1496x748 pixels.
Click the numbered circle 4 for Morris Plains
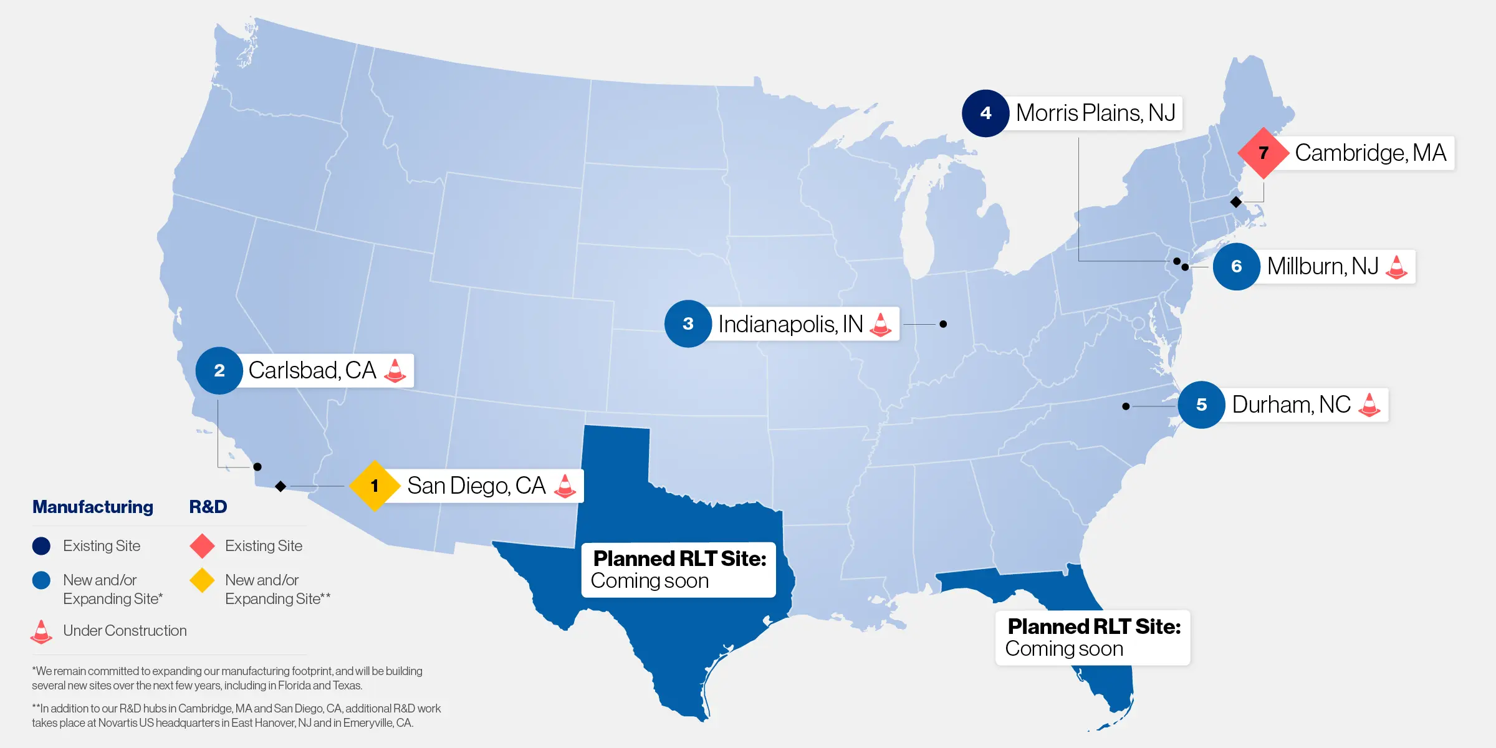click(985, 113)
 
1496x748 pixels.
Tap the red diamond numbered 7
click(1263, 153)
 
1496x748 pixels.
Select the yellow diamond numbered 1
click(374, 486)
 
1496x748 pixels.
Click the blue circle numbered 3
click(688, 324)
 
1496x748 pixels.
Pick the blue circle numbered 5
click(1201, 405)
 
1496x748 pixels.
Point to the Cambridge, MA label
click(1370, 153)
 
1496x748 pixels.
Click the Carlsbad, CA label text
click(312, 370)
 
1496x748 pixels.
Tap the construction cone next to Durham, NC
click(1369, 405)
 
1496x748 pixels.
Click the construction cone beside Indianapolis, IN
click(880, 324)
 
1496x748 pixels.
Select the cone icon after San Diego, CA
click(565, 486)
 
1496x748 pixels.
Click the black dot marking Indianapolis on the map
click(943, 324)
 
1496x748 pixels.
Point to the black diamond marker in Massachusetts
click(1236, 202)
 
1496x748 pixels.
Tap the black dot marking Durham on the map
click(1126, 406)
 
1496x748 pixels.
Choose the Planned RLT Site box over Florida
click(1093, 638)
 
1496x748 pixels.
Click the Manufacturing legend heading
click(93, 507)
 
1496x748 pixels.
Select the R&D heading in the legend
click(208, 507)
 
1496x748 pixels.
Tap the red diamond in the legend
click(203, 546)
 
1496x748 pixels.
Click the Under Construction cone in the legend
click(41, 631)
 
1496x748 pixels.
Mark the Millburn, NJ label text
click(1323, 266)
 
